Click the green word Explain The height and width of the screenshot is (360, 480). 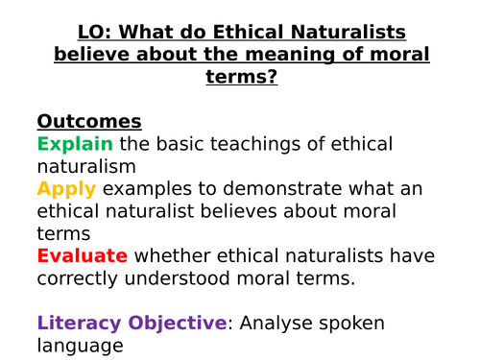tap(75, 144)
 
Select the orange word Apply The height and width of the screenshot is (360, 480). tap(65, 187)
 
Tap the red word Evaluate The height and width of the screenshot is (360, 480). tap(83, 255)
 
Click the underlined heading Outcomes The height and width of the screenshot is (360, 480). tap(88, 122)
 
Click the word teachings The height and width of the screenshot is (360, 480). tap(237, 144)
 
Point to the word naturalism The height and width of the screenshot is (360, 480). tap(82, 165)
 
